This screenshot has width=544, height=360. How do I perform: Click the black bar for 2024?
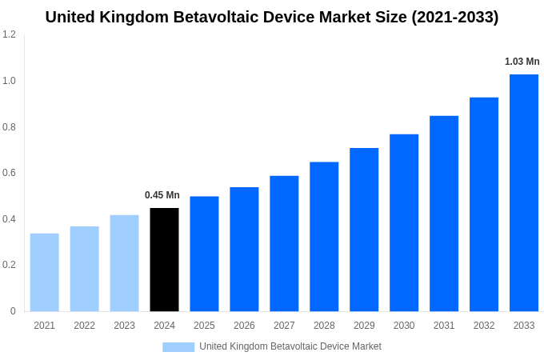pos(164,259)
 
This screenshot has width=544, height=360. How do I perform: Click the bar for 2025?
pos(204,254)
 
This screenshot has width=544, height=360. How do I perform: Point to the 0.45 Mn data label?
pos(162,195)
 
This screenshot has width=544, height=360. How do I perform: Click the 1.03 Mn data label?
pos(522,62)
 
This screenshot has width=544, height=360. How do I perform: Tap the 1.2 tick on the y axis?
pos(9,34)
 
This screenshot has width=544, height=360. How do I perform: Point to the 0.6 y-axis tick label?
pos(9,173)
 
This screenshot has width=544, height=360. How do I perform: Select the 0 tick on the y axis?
pos(13,311)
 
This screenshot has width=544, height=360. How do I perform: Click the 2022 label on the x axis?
pos(84,326)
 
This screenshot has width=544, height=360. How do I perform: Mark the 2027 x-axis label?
pos(284,326)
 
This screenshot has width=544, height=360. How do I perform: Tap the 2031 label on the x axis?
pos(444,326)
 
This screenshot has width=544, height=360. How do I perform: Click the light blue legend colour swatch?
pos(178,347)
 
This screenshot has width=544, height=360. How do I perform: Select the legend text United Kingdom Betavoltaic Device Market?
pos(290,346)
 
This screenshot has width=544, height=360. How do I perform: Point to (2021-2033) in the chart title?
pos(454,17)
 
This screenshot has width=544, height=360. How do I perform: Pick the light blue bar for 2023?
pos(124,263)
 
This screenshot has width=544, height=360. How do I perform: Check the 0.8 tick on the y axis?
pos(9,127)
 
